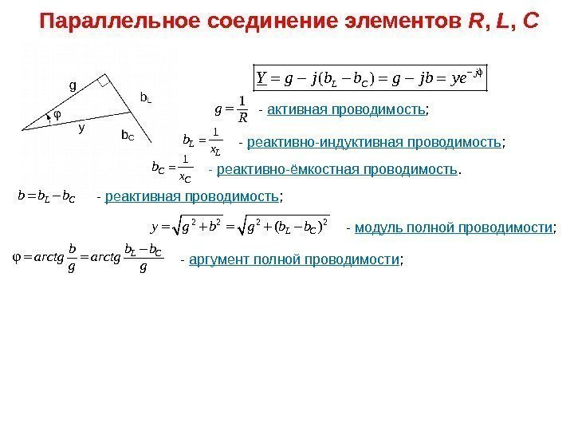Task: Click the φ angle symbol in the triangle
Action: (x=57, y=113)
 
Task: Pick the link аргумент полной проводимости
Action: (x=293, y=260)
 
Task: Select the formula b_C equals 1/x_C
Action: (x=171, y=168)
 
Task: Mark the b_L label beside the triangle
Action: (x=145, y=97)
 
